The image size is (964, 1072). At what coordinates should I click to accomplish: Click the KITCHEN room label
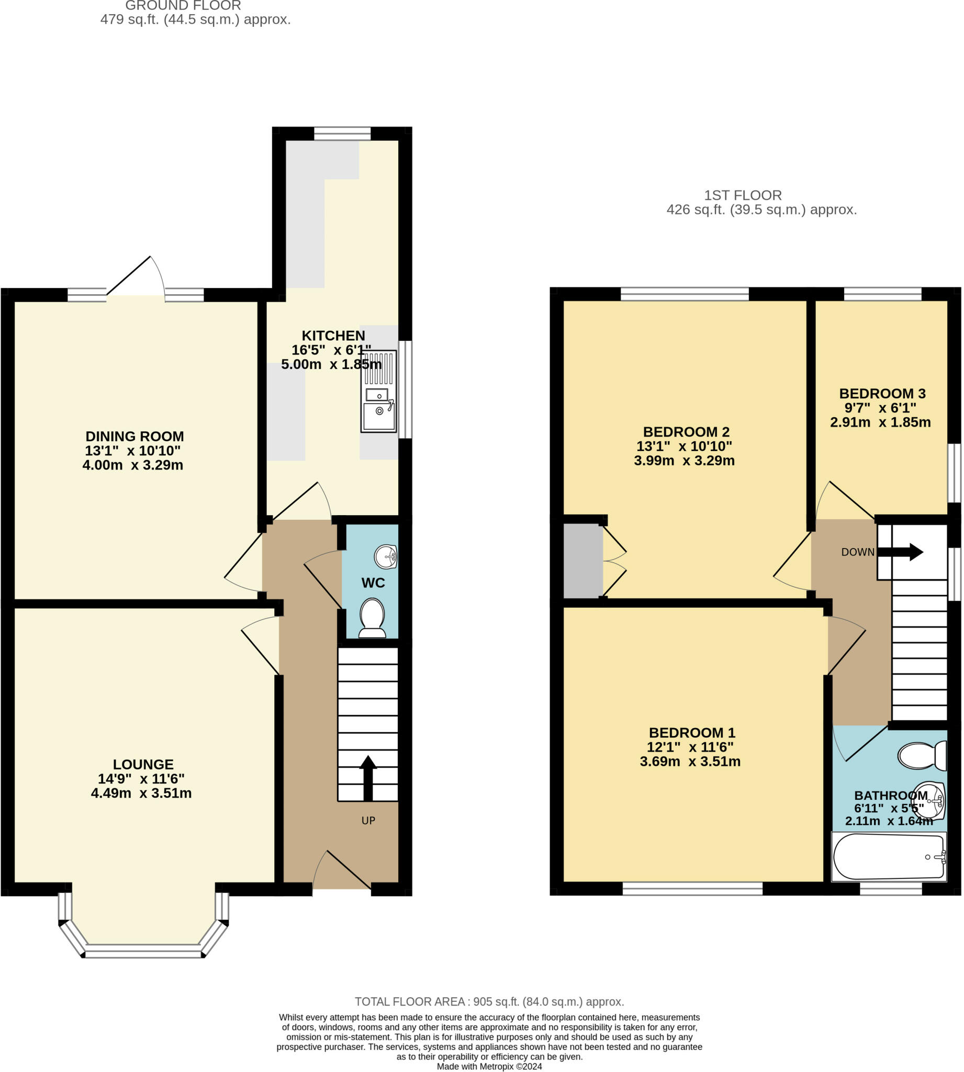(333, 336)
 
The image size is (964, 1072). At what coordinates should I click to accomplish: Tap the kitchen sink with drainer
(379, 392)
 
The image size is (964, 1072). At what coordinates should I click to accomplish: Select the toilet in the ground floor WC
(372, 618)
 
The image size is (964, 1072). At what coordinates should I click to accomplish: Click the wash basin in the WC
(386, 556)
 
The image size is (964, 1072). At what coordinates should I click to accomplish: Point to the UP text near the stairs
(368, 820)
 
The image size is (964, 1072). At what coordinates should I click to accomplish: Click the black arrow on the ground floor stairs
(368, 777)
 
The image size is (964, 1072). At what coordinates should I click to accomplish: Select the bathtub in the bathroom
(889, 856)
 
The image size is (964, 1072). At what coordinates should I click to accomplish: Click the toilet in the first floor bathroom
(922, 756)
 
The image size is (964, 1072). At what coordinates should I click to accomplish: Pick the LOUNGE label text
(143, 764)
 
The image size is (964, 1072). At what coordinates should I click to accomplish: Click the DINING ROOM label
(134, 437)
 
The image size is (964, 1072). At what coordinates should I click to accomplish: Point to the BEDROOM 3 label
(882, 394)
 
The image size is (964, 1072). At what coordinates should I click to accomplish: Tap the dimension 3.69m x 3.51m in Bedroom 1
(690, 762)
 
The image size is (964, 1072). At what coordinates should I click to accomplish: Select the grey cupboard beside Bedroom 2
(582, 561)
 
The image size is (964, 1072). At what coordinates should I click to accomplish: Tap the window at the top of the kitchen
(342, 133)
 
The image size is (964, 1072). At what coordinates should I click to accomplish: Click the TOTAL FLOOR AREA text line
(489, 1001)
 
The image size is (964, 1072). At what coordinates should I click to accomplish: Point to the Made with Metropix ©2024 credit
(489, 1066)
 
